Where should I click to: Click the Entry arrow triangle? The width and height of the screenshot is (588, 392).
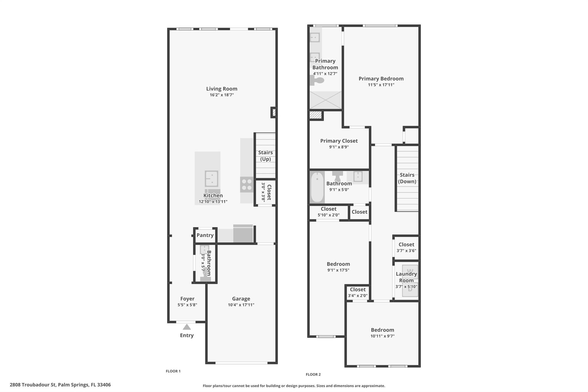(x=187, y=327)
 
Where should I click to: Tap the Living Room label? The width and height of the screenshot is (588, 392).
(x=222, y=89)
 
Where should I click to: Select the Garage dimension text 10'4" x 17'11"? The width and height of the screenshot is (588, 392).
(x=241, y=305)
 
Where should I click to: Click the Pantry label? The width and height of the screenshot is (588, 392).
(x=205, y=235)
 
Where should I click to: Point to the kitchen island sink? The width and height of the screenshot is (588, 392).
(x=211, y=178)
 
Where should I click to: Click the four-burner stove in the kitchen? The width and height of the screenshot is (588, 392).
(x=247, y=184)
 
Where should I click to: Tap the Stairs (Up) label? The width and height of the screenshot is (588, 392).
(x=265, y=156)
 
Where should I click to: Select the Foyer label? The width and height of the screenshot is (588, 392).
(x=187, y=299)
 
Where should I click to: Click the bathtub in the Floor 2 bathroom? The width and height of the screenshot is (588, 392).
(x=317, y=187)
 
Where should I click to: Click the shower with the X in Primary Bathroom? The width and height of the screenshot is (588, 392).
(x=326, y=100)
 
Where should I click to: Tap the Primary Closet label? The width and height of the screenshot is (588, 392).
(x=339, y=141)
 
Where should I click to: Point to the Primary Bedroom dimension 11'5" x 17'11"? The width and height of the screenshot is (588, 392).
(x=381, y=85)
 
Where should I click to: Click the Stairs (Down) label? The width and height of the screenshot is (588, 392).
(x=407, y=178)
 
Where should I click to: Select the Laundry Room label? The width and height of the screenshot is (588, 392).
(x=406, y=277)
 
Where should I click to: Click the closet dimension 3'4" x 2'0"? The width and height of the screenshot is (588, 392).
(x=357, y=296)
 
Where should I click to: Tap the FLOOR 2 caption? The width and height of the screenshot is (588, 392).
(x=313, y=374)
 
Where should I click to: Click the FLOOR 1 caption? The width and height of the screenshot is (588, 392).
(x=173, y=371)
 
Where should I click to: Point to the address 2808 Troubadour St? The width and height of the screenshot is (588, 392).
(x=60, y=385)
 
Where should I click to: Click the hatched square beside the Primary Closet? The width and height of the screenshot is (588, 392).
(x=316, y=115)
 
